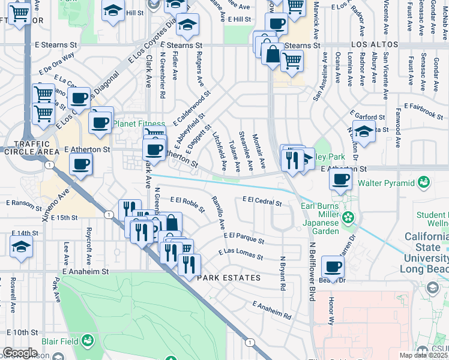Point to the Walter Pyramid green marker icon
(x=424, y=181)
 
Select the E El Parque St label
(x=243, y=237)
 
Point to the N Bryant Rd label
(x=282, y=274)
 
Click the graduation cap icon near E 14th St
(x=21, y=246)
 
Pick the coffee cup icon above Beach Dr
(x=333, y=266)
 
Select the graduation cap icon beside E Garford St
(x=363, y=130)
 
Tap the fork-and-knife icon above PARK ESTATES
(x=189, y=264)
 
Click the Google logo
(x=19, y=353)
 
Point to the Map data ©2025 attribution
(x=423, y=355)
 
